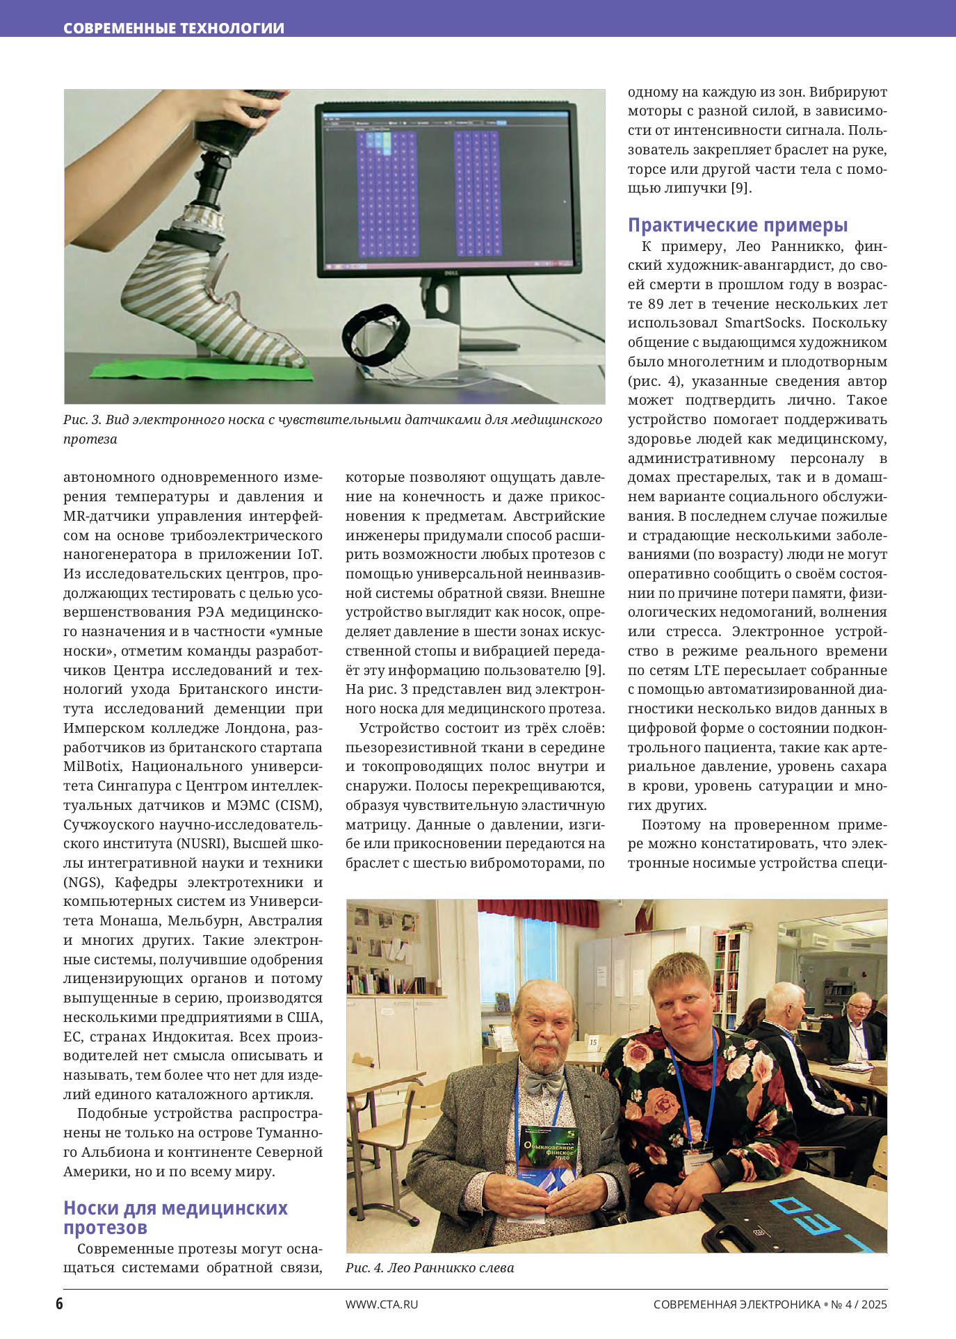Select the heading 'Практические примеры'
[738, 225]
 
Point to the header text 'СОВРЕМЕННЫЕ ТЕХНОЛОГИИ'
[174, 29]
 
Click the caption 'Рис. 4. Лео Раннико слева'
[430, 1267]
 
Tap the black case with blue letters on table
[800, 1213]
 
